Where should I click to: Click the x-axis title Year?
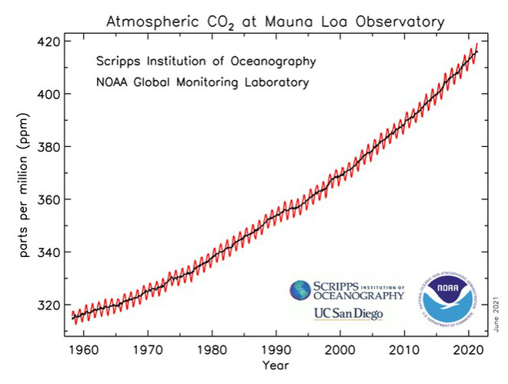point(275,365)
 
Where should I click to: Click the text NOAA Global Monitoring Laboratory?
point(202,81)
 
